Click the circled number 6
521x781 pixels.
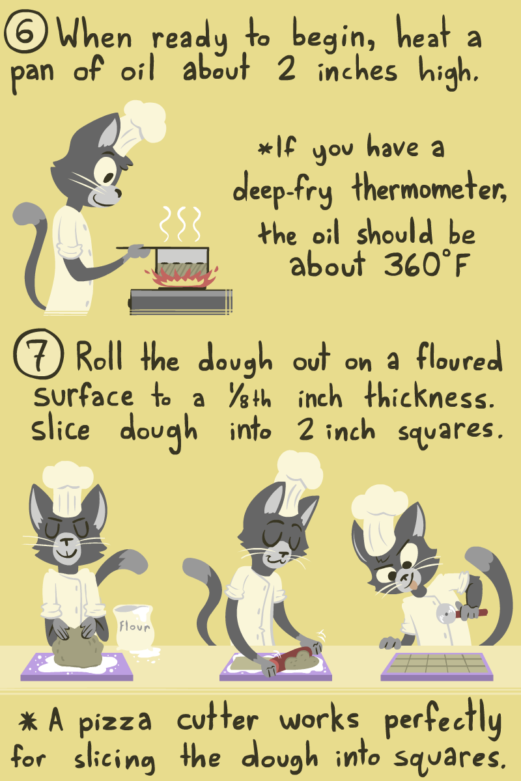pos(25,31)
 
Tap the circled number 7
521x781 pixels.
pos(38,353)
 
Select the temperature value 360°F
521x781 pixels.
pos(427,265)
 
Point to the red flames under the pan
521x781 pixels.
pos(182,277)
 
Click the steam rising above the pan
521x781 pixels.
pos(180,223)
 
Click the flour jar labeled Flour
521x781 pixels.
pos(134,627)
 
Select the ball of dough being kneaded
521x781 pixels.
pos(77,650)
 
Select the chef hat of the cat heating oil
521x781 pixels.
pos(139,126)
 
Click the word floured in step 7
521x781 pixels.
pos(460,357)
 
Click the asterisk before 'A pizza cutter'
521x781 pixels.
pos(28,720)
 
